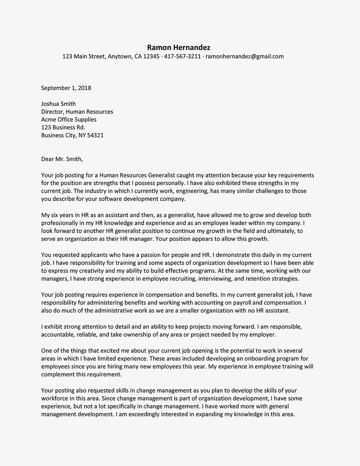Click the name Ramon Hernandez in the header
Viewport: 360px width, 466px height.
[179, 48]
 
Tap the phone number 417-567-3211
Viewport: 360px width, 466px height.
[183, 57]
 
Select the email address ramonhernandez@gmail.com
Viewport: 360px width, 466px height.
[244, 57]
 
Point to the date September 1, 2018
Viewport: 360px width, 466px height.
[66, 88]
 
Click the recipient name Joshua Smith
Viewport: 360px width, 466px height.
[58, 104]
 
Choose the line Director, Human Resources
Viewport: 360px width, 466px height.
[77, 112]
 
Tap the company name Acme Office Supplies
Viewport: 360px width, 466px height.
[69, 120]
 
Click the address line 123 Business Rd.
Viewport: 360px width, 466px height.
[63, 127]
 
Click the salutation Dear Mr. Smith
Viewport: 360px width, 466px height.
[62, 159]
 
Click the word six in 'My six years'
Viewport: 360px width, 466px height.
[56, 215]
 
